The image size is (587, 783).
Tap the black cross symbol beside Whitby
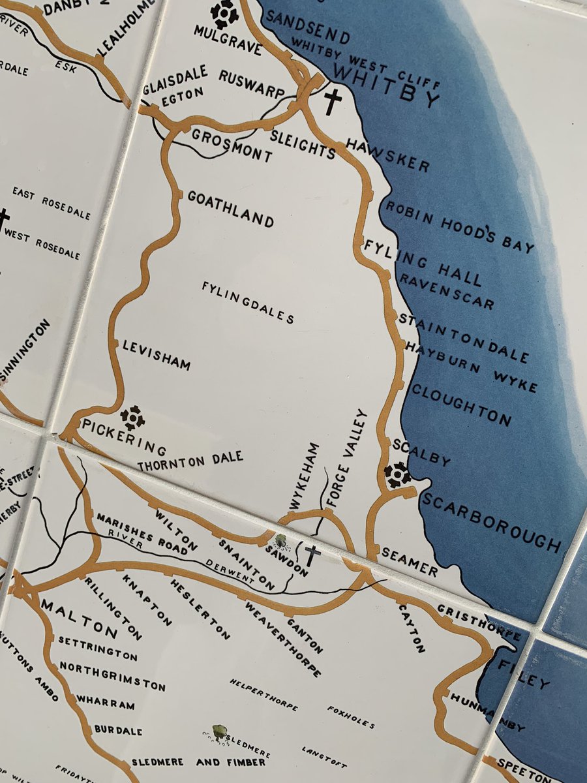coord(333,102)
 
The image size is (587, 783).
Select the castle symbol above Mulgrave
coord(224,14)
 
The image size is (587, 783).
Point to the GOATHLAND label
coord(230,209)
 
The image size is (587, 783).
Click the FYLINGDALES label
coord(248,302)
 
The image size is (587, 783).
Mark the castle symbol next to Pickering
coord(132,418)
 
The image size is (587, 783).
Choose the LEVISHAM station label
coord(157,354)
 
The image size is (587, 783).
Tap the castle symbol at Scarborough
coord(397,474)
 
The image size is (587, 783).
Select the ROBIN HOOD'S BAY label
coord(460,226)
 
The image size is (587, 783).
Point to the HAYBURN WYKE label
coord(471,367)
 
